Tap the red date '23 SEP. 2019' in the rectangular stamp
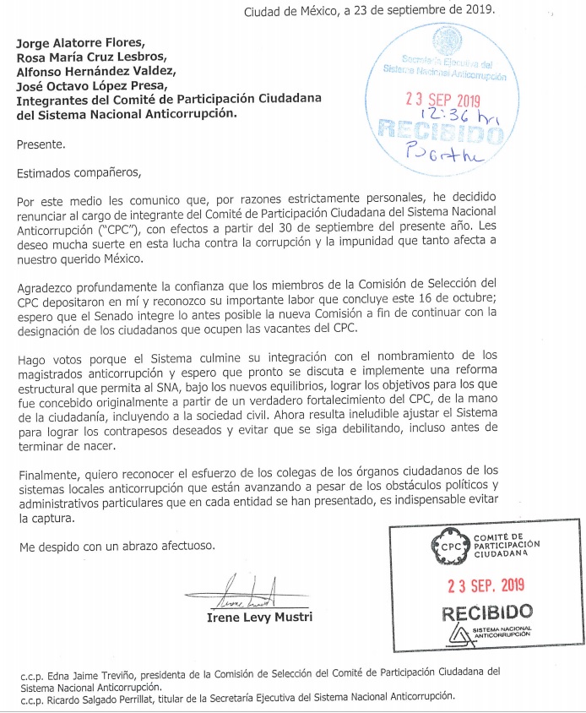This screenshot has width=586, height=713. tap(486, 584)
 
